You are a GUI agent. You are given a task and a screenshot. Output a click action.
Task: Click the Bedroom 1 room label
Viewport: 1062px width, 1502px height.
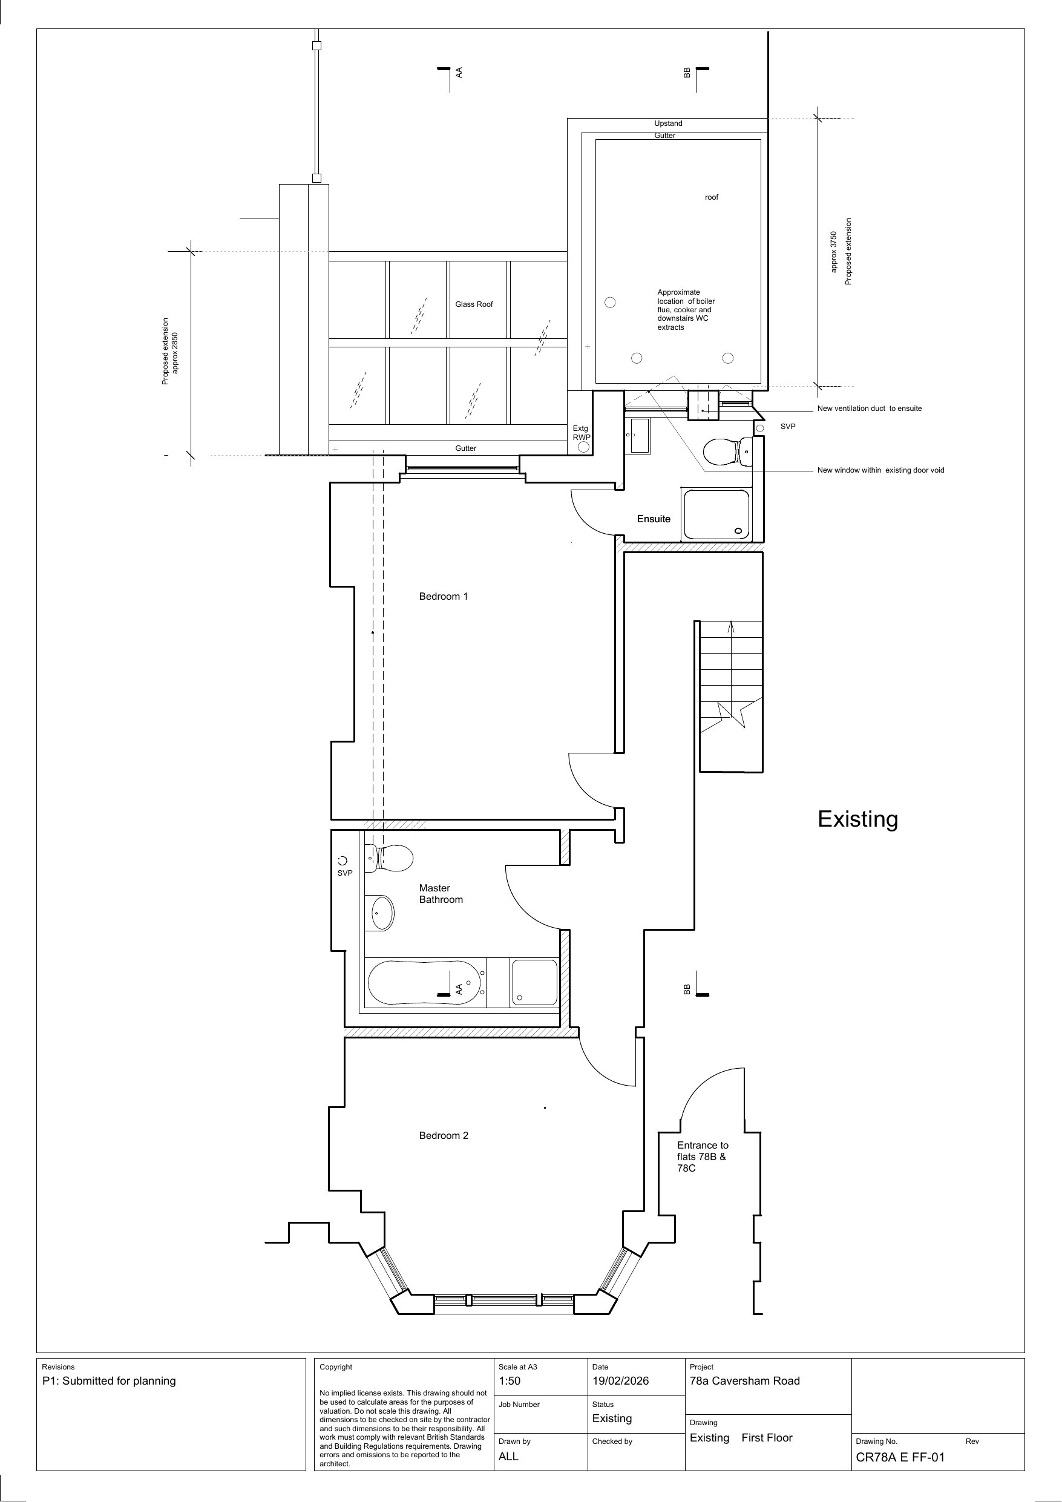444,596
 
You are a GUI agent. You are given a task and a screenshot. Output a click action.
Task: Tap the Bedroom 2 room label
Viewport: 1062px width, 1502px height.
444,1135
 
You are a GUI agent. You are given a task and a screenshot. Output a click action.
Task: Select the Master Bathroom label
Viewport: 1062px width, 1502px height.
441,894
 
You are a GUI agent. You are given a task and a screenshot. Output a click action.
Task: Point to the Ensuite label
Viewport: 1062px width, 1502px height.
654,519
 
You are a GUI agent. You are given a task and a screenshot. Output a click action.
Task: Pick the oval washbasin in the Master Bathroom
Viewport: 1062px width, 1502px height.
382,913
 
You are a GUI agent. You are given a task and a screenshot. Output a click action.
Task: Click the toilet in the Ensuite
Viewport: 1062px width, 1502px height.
727,451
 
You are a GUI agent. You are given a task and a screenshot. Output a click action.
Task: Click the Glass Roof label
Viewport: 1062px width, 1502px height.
474,304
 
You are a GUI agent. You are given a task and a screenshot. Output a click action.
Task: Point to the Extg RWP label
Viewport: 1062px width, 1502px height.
581,433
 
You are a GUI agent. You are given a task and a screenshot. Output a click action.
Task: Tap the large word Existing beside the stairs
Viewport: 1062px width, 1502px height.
858,819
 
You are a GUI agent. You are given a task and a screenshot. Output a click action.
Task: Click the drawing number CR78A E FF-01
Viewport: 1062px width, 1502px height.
900,1457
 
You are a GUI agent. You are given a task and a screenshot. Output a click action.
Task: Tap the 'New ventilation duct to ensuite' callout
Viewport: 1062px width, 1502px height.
869,408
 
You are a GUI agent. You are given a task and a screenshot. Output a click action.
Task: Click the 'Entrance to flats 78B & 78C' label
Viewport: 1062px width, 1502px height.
703,1156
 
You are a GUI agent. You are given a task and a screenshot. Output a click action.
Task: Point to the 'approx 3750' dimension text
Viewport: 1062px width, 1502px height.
834,252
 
